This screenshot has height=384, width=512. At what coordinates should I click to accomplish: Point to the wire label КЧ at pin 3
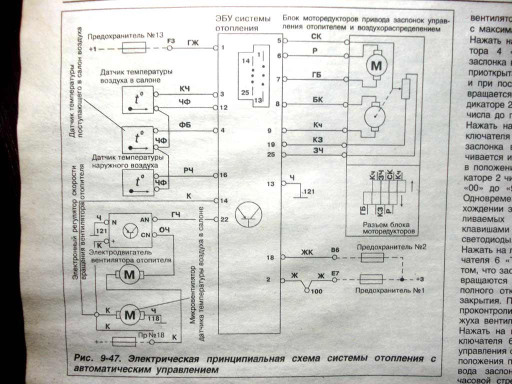point(184,88)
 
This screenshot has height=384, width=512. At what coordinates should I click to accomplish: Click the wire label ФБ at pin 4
point(184,124)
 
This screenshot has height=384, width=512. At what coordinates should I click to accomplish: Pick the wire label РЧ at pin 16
point(188,170)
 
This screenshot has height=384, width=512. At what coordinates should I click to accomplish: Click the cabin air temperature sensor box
point(137,100)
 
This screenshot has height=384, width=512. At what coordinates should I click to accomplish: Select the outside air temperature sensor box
point(137,182)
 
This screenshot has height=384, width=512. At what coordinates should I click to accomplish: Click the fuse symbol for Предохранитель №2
point(372,257)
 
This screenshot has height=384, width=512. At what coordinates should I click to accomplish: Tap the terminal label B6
point(335,249)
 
